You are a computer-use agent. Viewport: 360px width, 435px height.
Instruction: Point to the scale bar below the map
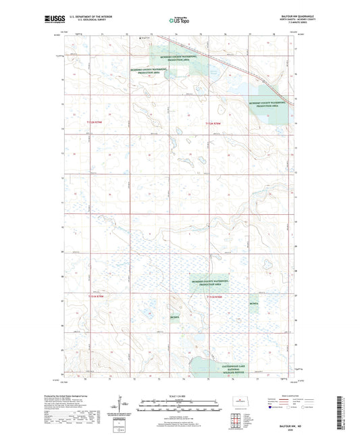(x=180, y=403)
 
